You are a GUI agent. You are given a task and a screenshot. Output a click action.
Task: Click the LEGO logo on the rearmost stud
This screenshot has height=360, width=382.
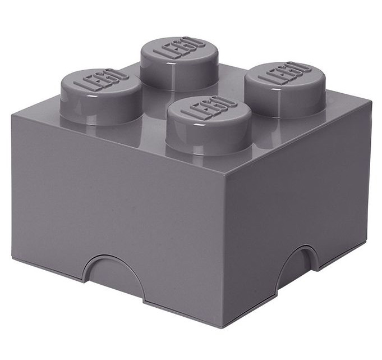coord(180,48)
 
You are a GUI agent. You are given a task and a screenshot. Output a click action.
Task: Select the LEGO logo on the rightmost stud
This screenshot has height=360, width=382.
coord(285,74)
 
